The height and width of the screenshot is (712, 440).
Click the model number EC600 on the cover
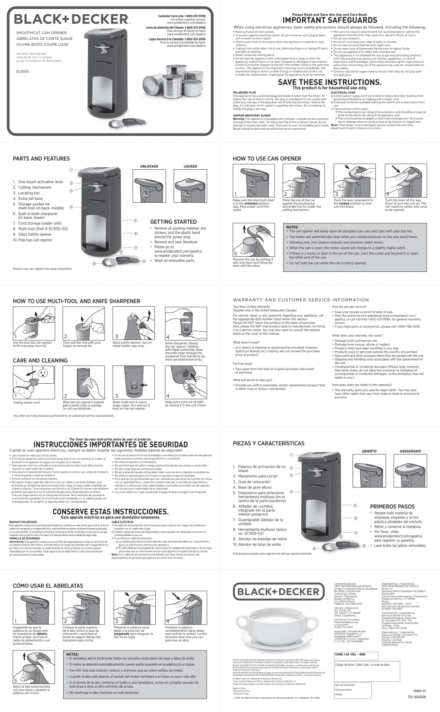pos(22,72)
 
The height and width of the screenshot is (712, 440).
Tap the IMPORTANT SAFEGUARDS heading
pos(330,20)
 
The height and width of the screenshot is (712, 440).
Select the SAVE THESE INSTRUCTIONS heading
pos(330,83)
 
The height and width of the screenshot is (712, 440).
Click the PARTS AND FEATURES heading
pos(41,159)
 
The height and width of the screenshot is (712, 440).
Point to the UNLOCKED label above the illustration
pos(149,166)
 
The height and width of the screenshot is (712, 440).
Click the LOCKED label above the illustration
pos(190,166)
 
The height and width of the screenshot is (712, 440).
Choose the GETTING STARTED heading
pos(173,221)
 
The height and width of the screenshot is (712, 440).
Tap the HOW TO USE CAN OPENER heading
pos(267,159)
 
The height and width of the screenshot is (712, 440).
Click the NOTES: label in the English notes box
pos(292,227)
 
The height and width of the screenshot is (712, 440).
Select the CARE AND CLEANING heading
pos(40,360)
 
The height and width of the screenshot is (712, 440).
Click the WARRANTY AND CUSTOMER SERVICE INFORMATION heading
pos(301,300)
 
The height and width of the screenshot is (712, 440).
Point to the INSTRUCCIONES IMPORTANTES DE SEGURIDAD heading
pos(110,445)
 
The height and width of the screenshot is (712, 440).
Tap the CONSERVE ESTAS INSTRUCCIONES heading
pos(110,512)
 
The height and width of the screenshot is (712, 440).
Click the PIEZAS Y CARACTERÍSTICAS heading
pos(269,443)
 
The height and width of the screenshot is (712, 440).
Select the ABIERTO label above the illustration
pos(369,451)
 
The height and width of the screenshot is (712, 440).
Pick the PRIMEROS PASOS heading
pos(392,507)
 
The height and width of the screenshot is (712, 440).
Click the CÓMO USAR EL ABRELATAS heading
pos(48,585)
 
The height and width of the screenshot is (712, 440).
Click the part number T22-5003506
pos(417,697)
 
